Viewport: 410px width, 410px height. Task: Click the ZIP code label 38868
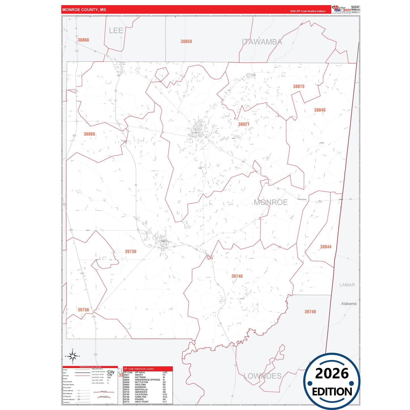[83, 40]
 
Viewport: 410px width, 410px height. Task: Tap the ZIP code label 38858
[186, 41]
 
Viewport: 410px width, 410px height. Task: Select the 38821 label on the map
[243, 124]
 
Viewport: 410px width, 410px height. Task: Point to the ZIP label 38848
[319, 110]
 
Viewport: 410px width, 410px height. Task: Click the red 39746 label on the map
[237, 276]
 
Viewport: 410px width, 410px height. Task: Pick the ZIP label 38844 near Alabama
[325, 247]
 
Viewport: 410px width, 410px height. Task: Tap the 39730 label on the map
[131, 252]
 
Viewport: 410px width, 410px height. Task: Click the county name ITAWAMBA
[262, 42]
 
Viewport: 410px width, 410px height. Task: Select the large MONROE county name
[270, 202]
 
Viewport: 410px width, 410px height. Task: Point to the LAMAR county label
[347, 285]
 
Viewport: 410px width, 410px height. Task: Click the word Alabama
[348, 304]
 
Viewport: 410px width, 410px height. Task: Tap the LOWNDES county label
[262, 376]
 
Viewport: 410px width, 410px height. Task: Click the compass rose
[73, 356]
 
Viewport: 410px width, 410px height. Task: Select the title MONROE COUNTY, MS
[84, 10]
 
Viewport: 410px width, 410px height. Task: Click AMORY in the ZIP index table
[139, 375]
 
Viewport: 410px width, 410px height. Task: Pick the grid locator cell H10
[165, 394]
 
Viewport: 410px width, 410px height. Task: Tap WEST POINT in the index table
[142, 402]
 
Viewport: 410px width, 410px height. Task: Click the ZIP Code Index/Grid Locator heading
[139, 369]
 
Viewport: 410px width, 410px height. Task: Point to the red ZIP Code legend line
[82, 376]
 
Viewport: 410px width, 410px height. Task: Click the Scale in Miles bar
[104, 392]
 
